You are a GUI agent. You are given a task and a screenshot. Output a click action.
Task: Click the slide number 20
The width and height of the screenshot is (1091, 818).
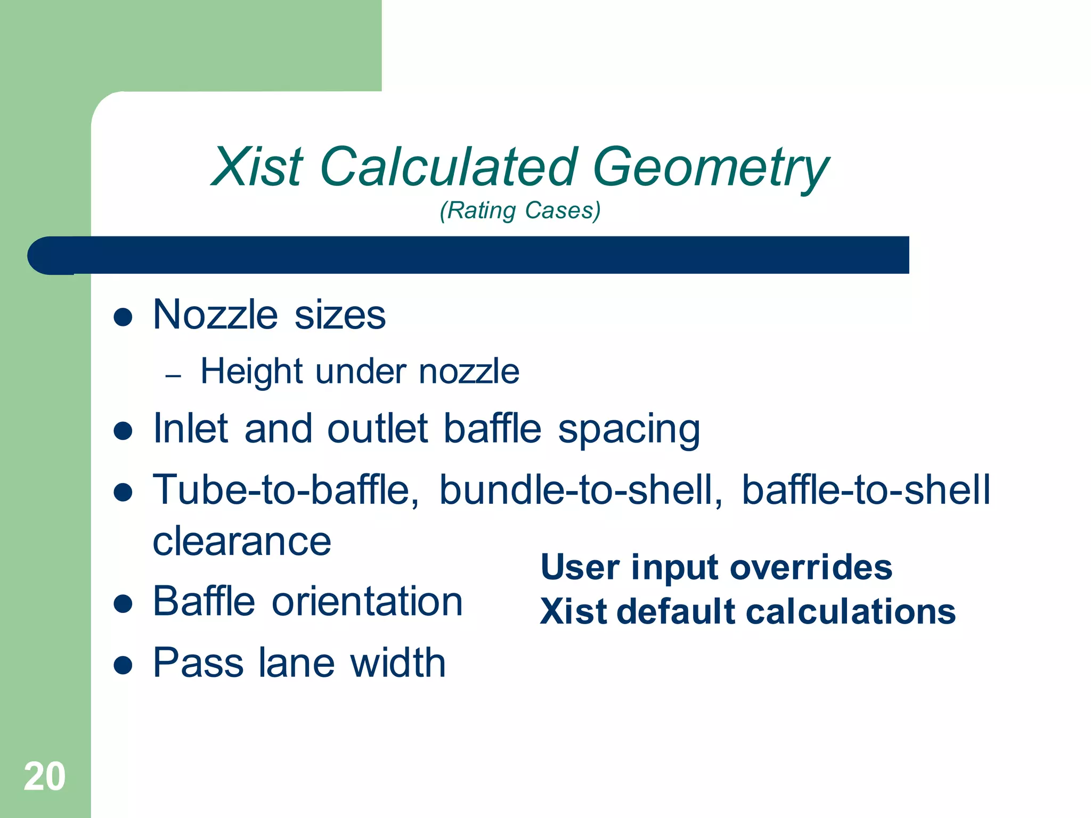click(45, 776)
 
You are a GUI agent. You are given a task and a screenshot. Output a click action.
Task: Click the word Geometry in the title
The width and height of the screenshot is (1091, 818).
click(711, 168)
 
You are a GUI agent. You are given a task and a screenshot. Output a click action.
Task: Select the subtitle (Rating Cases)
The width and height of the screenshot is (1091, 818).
click(520, 210)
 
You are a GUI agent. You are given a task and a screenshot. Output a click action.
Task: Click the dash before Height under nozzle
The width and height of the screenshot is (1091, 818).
click(173, 376)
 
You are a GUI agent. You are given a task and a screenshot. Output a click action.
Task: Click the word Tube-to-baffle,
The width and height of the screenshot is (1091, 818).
click(286, 490)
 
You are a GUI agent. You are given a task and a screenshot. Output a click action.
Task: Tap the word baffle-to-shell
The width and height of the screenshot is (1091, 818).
click(866, 490)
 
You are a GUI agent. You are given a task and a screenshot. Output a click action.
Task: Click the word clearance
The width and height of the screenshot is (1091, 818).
click(242, 542)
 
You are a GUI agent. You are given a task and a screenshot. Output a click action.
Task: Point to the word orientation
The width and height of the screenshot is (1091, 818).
click(367, 602)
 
